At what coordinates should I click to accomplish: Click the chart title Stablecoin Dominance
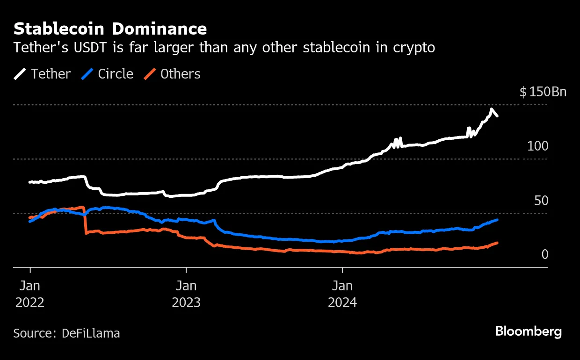pyautogui.click(x=110, y=29)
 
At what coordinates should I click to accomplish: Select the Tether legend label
pyautogui.click(x=51, y=74)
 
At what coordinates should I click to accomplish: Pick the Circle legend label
pyautogui.click(x=116, y=74)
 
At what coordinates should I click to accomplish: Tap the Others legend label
pyautogui.click(x=180, y=74)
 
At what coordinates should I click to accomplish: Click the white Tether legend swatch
pyautogui.click(x=20, y=74)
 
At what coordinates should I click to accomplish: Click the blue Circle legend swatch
pyautogui.click(x=87, y=74)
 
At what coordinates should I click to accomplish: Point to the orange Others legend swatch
pyautogui.click(x=150, y=74)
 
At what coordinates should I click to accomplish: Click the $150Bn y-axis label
pyautogui.click(x=543, y=92)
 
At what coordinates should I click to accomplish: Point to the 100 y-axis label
pyautogui.click(x=537, y=146)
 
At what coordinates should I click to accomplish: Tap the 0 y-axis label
pyautogui.click(x=544, y=255)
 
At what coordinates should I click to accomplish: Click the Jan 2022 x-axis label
pyautogui.click(x=30, y=293)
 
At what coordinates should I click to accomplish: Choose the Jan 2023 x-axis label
pyautogui.click(x=186, y=293)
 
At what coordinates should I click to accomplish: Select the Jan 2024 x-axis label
pyautogui.click(x=342, y=293)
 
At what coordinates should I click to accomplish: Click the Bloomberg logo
pyautogui.click(x=529, y=332)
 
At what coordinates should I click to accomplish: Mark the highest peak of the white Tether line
pyautogui.click(x=491, y=109)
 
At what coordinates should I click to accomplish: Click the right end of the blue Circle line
pyautogui.click(x=497, y=219)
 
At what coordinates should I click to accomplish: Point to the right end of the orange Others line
pyautogui.click(x=497, y=243)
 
